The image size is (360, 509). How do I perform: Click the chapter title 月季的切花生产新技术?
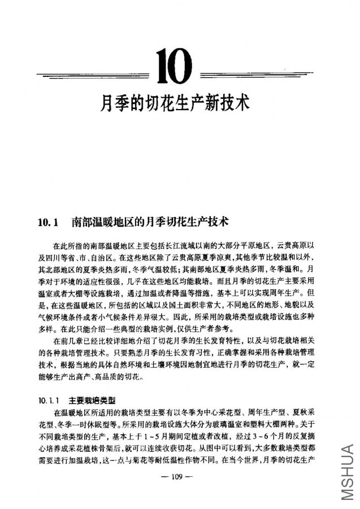[x=175, y=103]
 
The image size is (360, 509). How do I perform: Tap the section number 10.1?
[x=48, y=222]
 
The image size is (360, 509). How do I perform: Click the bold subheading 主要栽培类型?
[x=92, y=400]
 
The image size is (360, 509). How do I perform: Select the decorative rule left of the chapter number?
[x=93, y=75]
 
